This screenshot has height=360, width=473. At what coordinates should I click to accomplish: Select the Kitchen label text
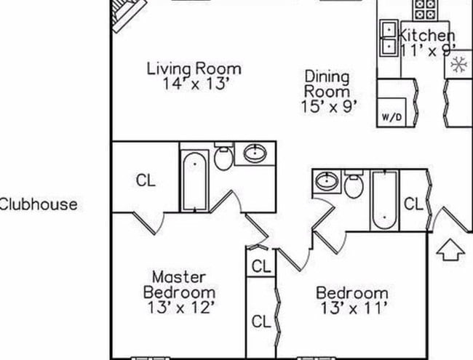point(428,35)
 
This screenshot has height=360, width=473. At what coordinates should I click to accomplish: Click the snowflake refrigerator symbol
point(458,65)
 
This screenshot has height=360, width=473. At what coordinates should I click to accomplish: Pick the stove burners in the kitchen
point(424,9)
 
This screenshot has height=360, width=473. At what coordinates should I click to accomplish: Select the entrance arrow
point(450,252)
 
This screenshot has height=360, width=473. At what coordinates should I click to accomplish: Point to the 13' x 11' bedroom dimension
point(351,308)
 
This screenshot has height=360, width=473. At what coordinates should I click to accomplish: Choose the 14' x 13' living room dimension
point(194,83)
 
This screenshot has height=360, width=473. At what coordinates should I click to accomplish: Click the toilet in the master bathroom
point(223,157)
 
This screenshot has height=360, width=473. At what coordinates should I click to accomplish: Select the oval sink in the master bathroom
point(255,153)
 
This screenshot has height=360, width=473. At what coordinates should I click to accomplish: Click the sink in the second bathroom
point(327,180)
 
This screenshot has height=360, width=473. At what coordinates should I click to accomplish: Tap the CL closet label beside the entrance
point(413,204)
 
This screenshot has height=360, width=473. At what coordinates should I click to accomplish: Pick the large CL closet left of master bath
point(146,180)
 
